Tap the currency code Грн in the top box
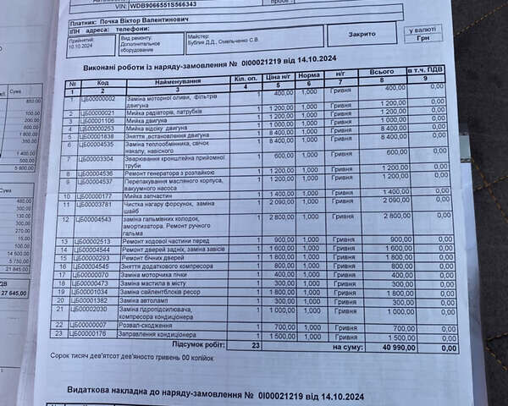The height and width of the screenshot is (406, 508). [423, 38]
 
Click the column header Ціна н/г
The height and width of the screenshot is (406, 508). [278, 76]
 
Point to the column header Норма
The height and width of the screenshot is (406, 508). [310, 75]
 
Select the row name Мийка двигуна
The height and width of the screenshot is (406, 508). [152, 120]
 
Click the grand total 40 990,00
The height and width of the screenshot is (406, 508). [397, 347]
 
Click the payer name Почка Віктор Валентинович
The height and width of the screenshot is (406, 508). [148, 15]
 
